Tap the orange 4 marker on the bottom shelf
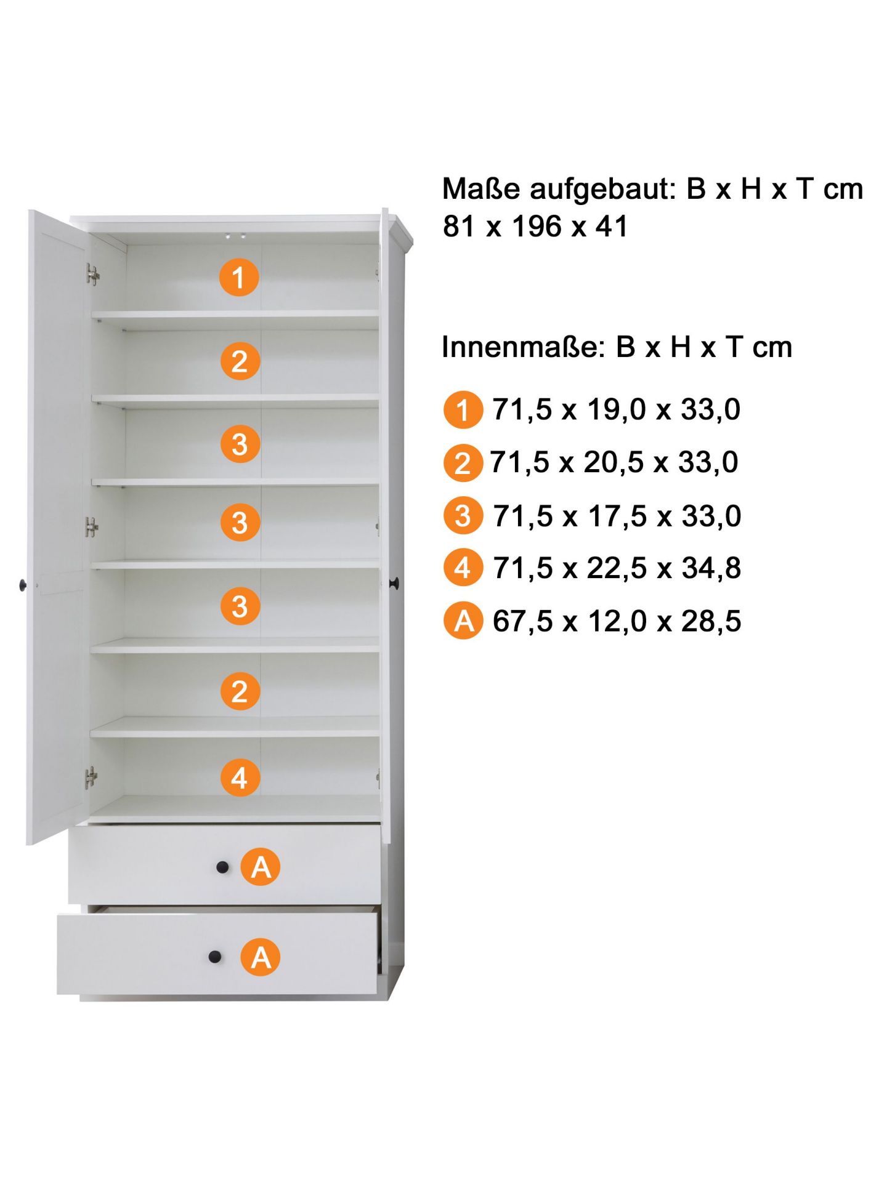[240, 777]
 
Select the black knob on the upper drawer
[222, 867]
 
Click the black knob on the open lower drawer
[214, 957]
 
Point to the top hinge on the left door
[92, 275]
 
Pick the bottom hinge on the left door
[91, 778]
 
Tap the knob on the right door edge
[395, 582]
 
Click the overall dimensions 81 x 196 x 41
[535, 226]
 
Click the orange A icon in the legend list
[463, 620]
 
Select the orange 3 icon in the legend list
[463, 515]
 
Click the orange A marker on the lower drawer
[261, 957]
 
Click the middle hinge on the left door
[92, 526]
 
